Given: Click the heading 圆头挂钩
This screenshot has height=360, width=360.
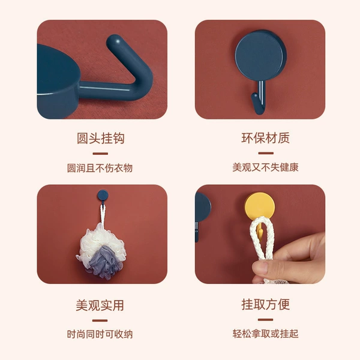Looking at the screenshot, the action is click(101, 138).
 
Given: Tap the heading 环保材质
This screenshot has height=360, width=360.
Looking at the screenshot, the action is click(265, 138).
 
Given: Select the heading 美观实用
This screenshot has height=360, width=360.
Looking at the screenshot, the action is click(100, 305).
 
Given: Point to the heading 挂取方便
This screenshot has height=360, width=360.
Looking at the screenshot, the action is click(265, 304).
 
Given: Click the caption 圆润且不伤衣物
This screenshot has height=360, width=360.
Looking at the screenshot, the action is click(100, 168).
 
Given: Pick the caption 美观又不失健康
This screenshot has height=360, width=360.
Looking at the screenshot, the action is click(265, 167).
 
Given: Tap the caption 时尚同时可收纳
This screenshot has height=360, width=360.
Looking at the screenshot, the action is click(100, 334).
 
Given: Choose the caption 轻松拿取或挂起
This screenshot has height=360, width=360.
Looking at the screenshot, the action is click(265, 334).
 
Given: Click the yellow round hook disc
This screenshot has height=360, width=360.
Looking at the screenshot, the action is click(259, 205).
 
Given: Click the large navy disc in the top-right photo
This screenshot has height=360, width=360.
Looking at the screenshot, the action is click(260, 55).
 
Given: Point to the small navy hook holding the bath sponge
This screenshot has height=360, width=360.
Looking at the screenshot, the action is click(103, 196).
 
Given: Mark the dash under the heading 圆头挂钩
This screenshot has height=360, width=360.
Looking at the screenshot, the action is click(100, 154).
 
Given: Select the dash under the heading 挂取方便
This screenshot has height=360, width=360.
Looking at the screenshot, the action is click(265, 320).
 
